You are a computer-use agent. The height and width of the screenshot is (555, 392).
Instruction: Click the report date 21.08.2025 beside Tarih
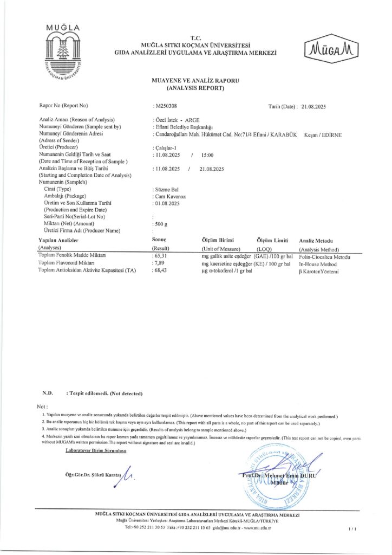pyautogui.click(x=314, y=106)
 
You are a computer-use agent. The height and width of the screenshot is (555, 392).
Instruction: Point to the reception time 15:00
pyautogui.click(x=207, y=155)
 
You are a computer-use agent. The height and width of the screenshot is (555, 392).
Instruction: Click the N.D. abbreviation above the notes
pyautogui.click(x=47, y=392)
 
